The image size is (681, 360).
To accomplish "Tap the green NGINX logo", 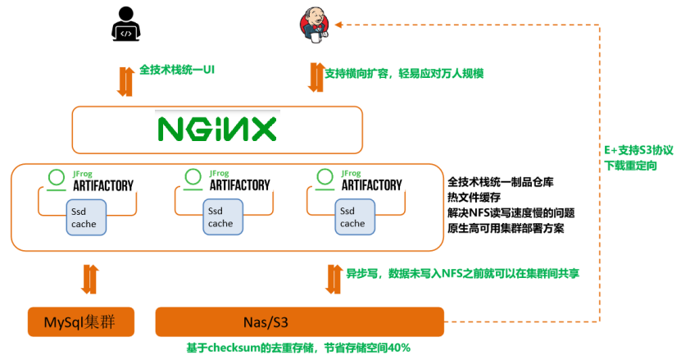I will [216, 129].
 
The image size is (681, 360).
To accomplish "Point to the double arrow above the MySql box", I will [88, 279].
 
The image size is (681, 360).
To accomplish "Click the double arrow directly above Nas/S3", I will [334, 279].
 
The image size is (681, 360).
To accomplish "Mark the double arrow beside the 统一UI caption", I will [125, 80].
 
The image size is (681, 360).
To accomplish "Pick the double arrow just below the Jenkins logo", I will [316, 76].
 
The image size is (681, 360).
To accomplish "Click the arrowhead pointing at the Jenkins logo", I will [339, 24].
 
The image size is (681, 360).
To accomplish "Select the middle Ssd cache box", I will [220, 217].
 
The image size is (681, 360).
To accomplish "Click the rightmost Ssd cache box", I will [352, 217].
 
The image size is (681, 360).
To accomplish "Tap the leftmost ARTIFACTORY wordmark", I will [103, 185].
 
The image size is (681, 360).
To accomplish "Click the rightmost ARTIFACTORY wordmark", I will [371, 185].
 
